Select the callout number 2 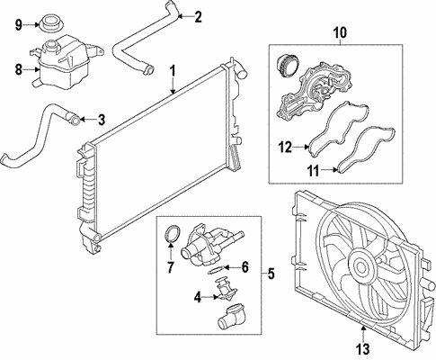tap(198, 15)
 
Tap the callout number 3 tap(101, 118)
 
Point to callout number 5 tap(272, 272)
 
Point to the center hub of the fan tap(363, 265)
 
